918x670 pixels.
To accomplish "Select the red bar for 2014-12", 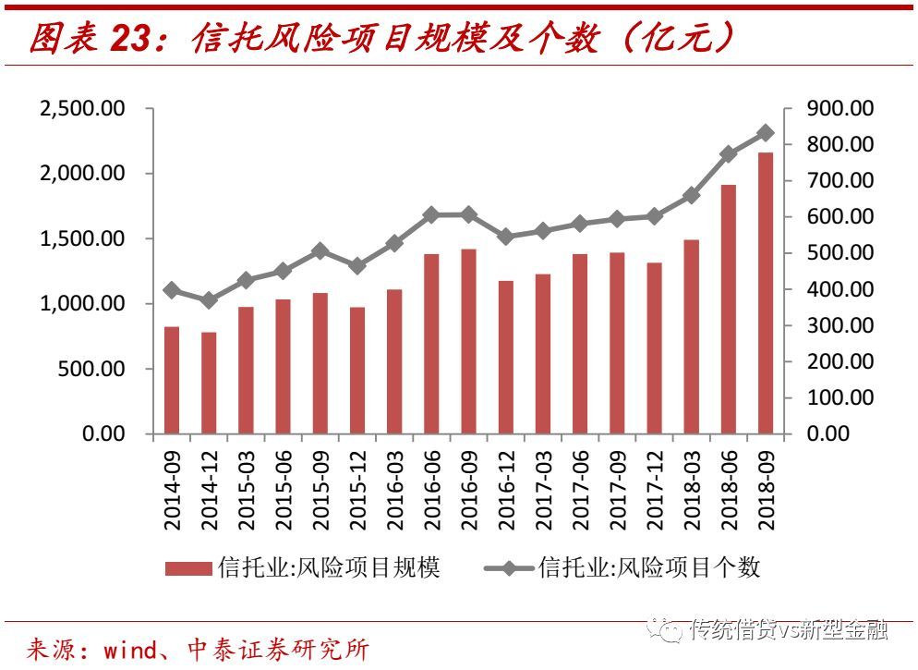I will click(209, 383).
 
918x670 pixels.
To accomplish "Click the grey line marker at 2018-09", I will click(766, 133).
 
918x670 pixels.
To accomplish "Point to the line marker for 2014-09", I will click(172, 290).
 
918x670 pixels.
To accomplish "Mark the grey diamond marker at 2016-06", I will click(431, 214).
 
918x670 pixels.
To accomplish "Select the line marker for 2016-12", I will click(506, 237).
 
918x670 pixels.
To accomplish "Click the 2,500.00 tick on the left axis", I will click(81, 109).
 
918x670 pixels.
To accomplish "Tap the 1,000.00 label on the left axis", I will click(81, 304).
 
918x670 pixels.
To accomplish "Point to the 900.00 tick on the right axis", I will click(839, 109).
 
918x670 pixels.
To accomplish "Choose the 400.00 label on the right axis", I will click(839, 289).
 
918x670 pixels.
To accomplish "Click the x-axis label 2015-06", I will click(284, 491).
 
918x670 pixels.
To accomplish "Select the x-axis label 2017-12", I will click(655, 491).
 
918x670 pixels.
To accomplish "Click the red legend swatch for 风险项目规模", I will click(188, 568).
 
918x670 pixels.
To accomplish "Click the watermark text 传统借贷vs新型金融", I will click(789, 630).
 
